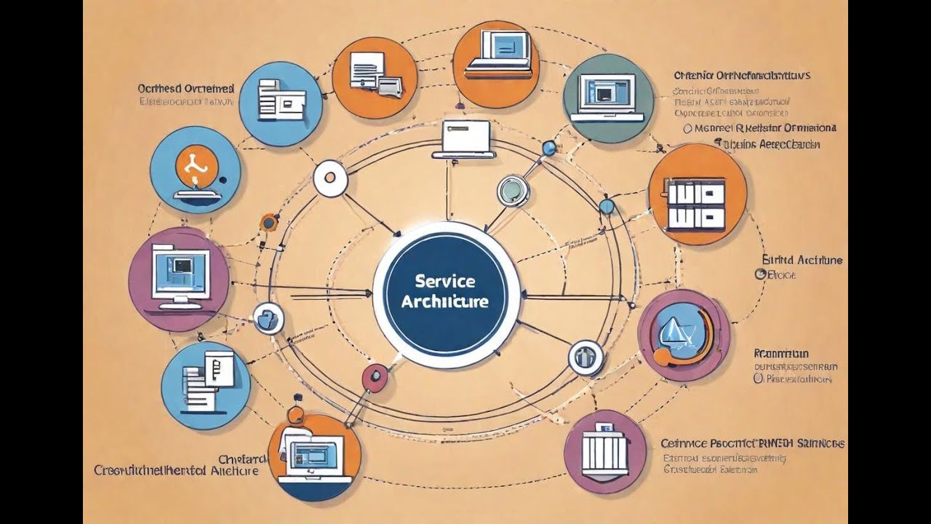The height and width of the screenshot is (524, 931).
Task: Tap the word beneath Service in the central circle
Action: (x=444, y=301)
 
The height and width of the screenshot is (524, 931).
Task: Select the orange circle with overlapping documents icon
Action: (x=374, y=76)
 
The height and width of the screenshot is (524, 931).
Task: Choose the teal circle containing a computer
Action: (x=608, y=98)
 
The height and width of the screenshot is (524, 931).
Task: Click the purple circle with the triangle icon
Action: (x=683, y=335)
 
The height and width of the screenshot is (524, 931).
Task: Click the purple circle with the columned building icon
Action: (x=604, y=451)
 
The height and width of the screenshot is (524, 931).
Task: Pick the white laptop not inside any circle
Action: (x=464, y=138)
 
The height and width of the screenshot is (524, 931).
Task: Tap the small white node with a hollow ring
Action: (x=329, y=179)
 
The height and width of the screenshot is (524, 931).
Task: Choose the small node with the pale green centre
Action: (x=514, y=191)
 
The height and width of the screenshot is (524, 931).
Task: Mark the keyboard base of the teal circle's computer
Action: (x=607, y=116)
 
